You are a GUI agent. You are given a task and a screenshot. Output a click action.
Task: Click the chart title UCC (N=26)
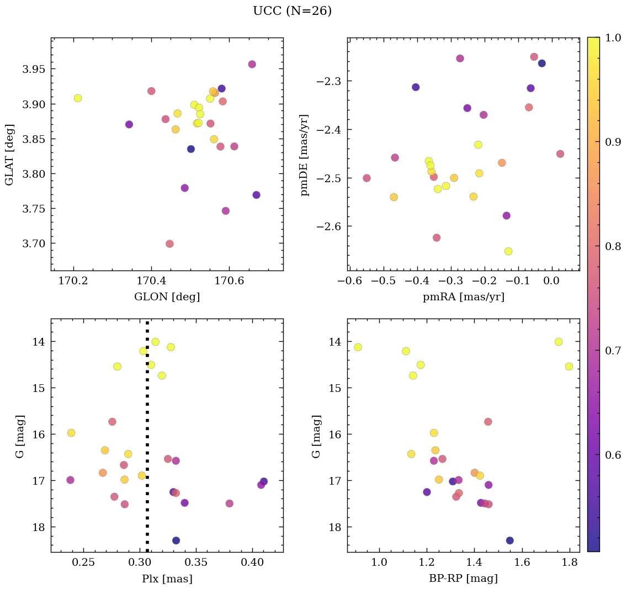[292, 11]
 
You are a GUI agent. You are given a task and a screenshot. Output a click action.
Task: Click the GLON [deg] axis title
[167, 297]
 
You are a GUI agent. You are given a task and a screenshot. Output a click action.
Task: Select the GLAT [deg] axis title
[9, 155]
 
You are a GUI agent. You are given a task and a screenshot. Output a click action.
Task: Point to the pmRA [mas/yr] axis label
[463, 297]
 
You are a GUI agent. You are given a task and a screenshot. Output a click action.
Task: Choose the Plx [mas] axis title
[167, 579]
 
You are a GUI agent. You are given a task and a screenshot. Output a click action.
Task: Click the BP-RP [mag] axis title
[463, 579]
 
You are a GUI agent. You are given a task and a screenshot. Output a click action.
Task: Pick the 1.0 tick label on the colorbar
[610, 38]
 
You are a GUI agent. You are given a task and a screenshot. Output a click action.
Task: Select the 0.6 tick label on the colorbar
[610, 454]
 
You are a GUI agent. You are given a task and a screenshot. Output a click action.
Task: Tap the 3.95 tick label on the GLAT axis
[34, 69]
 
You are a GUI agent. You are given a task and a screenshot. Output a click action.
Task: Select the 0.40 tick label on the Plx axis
[252, 563]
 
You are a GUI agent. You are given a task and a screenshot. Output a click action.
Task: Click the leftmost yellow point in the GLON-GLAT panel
[78, 98]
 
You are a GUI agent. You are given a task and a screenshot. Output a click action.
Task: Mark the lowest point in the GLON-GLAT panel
[169, 244]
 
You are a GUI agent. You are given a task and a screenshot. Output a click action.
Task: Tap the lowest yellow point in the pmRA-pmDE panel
[508, 252]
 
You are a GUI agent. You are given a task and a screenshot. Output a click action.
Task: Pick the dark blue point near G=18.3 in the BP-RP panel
[509, 540]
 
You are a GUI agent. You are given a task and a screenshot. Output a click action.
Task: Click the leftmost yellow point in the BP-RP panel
[358, 347]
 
